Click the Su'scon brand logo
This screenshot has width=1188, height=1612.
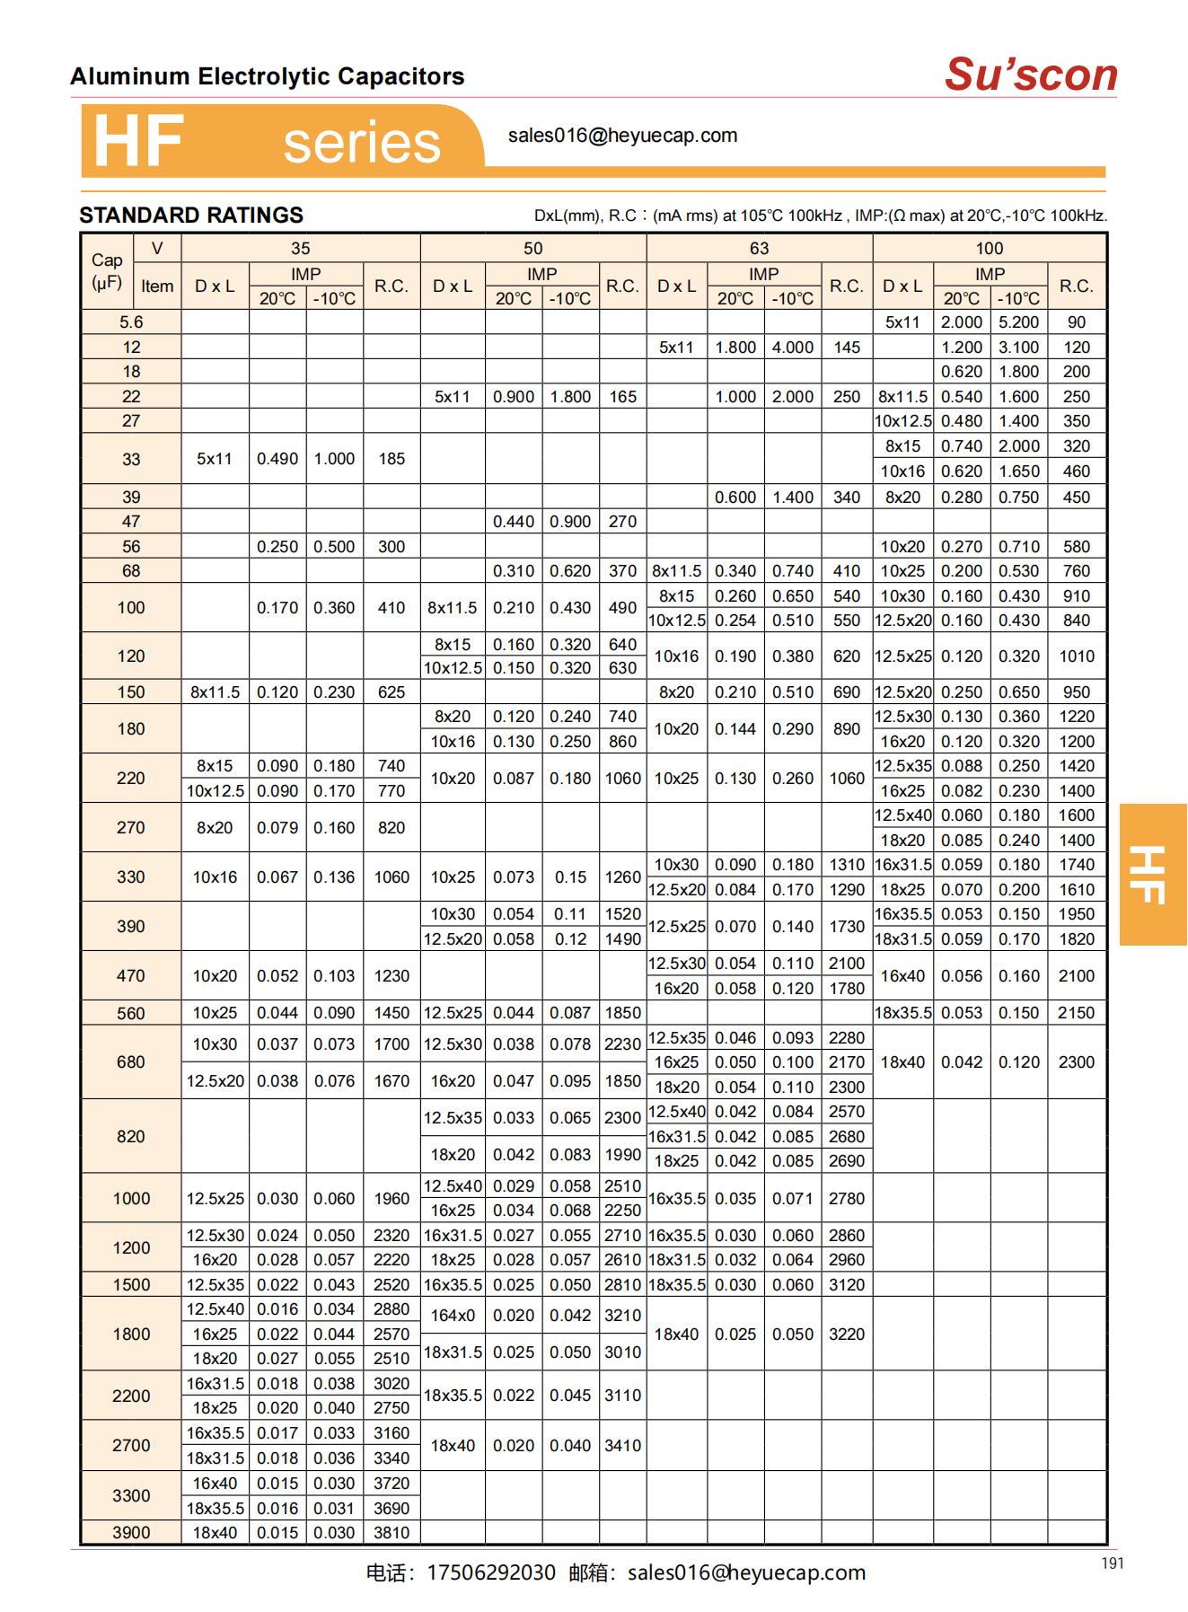click(x=1030, y=75)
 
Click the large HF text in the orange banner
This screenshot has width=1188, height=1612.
click(x=138, y=142)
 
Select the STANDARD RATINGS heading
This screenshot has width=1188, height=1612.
click(x=191, y=216)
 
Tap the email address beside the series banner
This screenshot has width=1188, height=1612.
click(x=622, y=136)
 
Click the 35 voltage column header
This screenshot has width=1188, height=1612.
click(x=300, y=249)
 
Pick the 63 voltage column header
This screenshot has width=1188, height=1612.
click(x=759, y=249)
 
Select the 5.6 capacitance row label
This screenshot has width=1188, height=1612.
click(x=131, y=322)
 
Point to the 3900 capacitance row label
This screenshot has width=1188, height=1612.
click(x=131, y=1533)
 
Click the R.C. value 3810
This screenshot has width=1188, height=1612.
click(x=392, y=1533)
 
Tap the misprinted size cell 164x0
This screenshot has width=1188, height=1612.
click(x=453, y=1316)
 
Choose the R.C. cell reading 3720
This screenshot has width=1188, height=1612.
click(x=392, y=1484)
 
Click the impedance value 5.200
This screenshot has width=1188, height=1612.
click(x=1019, y=322)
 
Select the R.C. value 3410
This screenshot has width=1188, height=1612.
click(x=622, y=1446)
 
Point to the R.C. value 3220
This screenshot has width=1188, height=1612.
click(x=847, y=1335)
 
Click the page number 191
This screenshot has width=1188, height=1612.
click(x=1112, y=1564)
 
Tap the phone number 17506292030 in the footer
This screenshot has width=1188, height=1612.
click(x=491, y=1573)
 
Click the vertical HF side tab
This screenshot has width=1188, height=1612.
click(x=1153, y=874)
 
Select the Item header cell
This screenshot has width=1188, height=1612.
click(x=157, y=286)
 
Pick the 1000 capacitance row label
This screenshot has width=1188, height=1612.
click(x=131, y=1199)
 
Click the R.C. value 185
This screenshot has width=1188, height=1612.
click(x=392, y=459)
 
